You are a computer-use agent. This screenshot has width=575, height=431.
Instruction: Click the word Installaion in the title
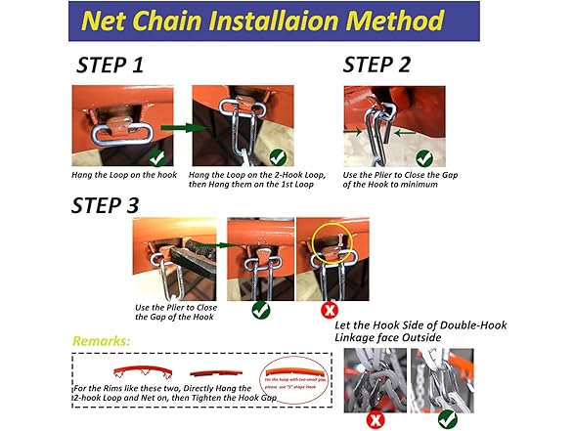pos(258,22)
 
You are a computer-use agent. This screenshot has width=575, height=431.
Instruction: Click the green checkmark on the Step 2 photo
pos(423,156)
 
